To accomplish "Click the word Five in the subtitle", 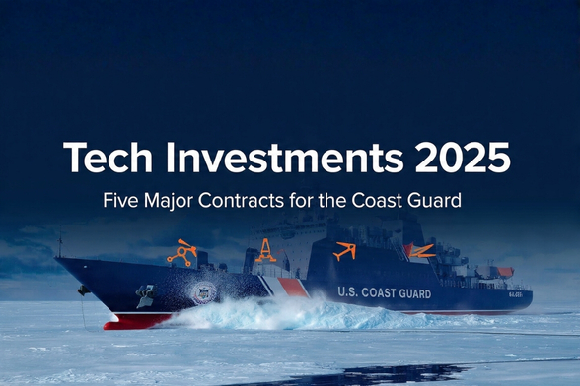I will [x=120, y=201].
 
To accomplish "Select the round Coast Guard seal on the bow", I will [x=203, y=292].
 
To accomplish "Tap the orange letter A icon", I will [x=265, y=252].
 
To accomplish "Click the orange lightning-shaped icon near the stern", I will [x=421, y=251].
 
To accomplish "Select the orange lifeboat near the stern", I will [x=505, y=272].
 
